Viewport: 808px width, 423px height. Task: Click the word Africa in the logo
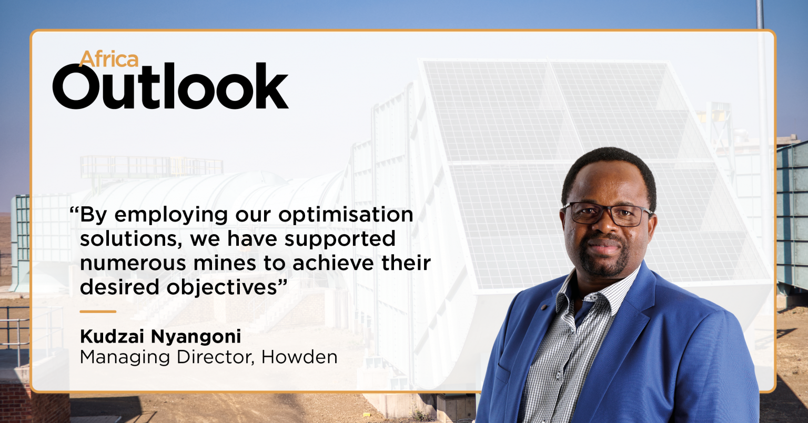[109, 59]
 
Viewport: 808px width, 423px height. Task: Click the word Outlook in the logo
[170, 86]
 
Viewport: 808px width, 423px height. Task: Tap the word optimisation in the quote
[346, 215]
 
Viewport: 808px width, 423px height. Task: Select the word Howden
[299, 357]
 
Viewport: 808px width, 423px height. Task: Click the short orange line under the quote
[98, 311]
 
